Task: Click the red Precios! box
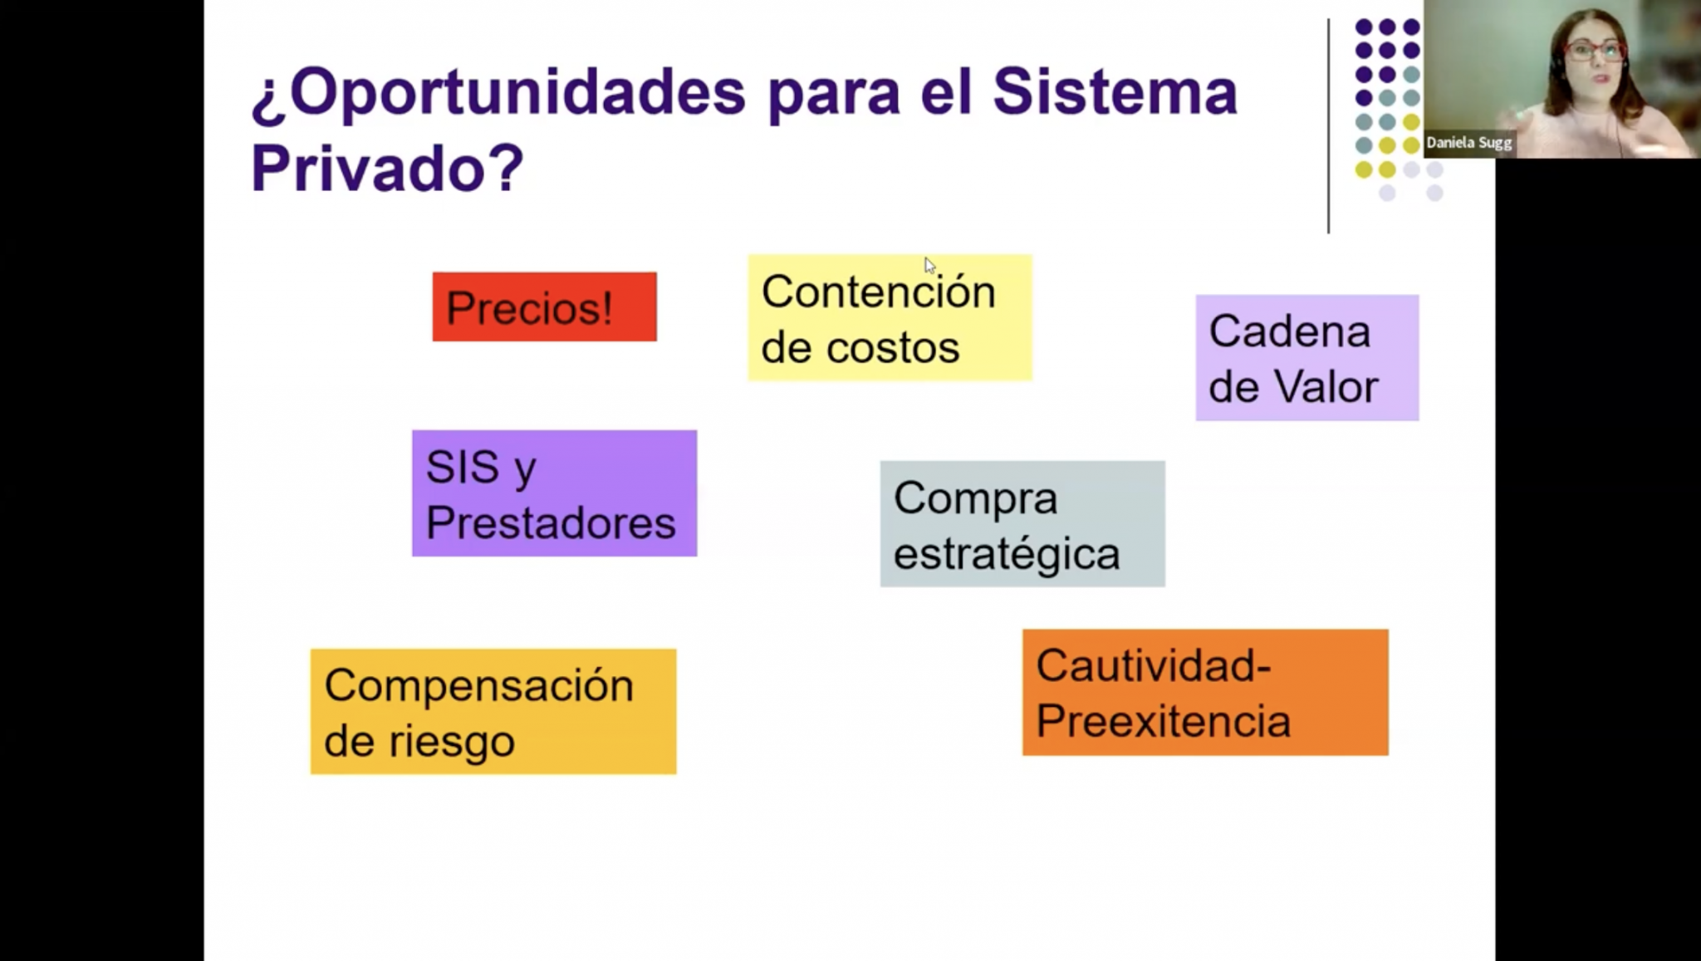point(544,306)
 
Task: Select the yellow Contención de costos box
point(890,317)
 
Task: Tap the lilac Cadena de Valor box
point(1307,357)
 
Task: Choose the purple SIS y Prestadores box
point(554,493)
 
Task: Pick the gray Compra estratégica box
point(1022,524)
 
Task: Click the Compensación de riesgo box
point(493,712)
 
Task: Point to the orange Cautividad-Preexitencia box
point(1205,693)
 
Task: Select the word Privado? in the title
point(387,168)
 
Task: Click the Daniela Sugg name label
point(1469,143)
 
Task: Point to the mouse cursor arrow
point(929,265)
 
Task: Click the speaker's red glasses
point(1595,51)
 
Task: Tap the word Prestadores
point(551,523)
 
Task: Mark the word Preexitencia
point(1163,720)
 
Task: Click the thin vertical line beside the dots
point(1328,126)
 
